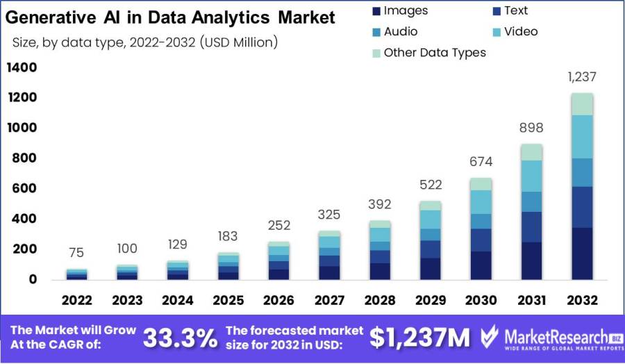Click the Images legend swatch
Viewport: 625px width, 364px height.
[376, 11]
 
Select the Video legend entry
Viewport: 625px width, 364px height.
[521, 31]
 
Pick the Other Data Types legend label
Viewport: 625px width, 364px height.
[435, 52]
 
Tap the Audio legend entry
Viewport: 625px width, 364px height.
[401, 31]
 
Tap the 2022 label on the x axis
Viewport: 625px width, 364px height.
[76, 300]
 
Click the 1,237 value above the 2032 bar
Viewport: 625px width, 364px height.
[581, 77]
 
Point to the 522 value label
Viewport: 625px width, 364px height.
[430, 185]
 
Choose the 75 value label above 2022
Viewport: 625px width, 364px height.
[76, 252]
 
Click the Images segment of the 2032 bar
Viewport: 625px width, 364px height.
[581, 254]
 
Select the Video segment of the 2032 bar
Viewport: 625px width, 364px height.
[581, 137]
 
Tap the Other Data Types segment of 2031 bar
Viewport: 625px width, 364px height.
[531, 152]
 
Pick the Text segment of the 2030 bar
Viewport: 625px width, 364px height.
[481, 240]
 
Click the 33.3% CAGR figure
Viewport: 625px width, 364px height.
[180, 338]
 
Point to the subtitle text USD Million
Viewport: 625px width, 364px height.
[237, 42]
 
